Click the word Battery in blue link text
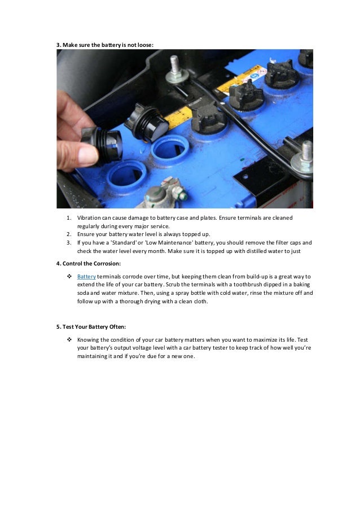[87, 276]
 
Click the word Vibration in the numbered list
[89, 217]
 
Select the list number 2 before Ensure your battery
[69, 233]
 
